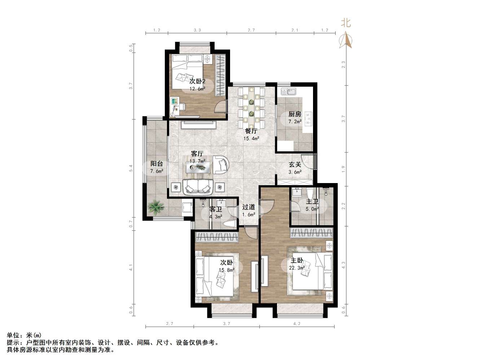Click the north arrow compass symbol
pos(346,40)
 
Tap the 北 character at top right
pos(346,23)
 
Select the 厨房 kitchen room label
pos(294,114)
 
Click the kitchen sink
pos(288,92)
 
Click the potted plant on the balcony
pos(156,206)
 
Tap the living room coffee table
pos(198,168)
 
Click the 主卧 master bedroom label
pos(297,261)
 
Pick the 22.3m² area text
pos(297,268)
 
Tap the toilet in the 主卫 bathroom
pos(310,193)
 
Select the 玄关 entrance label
pos(295,164)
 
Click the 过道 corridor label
pos(248,207)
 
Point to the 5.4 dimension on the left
pos(131,168)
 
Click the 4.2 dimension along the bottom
pos(297,324)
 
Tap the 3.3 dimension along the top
pos(197,30)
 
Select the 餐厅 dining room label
pos(251,131)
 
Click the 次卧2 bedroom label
pos(197,81)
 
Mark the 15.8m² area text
pos(226,270)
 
